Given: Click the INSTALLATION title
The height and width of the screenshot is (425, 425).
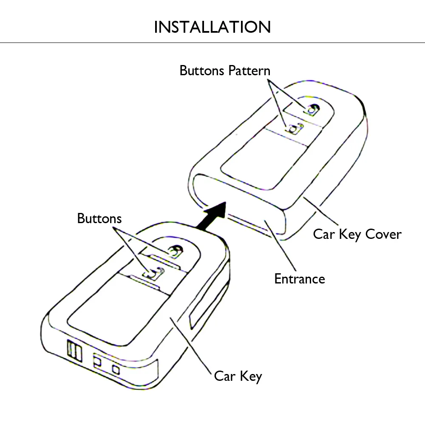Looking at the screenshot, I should pos(212,27).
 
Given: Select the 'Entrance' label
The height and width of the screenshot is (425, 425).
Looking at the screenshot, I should pos(300,279).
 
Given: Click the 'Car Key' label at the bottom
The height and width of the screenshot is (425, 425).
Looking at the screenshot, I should pos(238,376).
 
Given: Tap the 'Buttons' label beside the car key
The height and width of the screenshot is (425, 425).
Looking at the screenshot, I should pos(99,218).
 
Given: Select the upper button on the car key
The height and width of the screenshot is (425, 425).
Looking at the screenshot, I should pos(174,251).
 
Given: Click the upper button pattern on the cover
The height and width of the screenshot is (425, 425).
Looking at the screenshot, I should pos(313,109).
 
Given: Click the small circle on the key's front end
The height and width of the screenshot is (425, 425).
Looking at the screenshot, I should pos(116,368).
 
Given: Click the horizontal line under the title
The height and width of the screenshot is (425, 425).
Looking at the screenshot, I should pos(212,42).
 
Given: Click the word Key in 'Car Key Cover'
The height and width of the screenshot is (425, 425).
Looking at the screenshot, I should pos(349,234).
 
